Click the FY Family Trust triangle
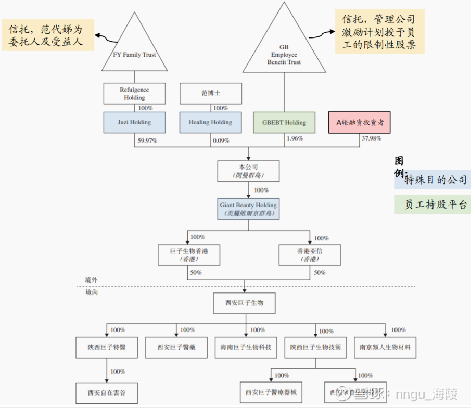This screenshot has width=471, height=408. coord(134,47)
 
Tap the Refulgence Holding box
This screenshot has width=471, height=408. coord(134,94)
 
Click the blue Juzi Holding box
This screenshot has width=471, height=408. coord(134,122)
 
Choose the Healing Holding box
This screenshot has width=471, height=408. coord(210,122)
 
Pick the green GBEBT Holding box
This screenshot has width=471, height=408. coord(284,123)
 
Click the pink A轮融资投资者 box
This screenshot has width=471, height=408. coord(360,123)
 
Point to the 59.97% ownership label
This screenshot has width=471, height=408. coord(147,139)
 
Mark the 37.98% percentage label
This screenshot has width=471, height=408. coord(371,138)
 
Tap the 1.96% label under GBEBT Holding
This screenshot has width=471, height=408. coord(295,138)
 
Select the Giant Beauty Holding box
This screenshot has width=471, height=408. coord(248,209)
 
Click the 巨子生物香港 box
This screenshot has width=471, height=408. coord(187,254)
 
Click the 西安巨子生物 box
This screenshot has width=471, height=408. coord(244,303)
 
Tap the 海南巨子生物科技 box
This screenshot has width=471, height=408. coord(246,347)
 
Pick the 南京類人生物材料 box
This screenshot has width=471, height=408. coord(385,347)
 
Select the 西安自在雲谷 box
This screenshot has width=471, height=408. coord(107,392)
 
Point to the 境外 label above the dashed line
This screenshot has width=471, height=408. coord(92,280)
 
